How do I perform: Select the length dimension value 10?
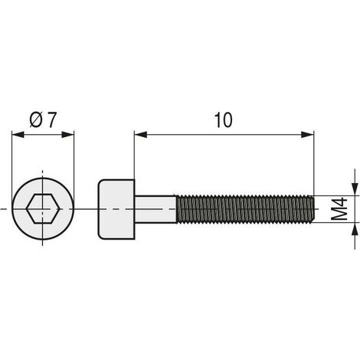point(223,120)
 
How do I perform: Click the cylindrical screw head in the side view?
point(117,208)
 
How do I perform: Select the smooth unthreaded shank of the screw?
point(157,208)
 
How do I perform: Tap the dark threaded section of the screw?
point(245,208)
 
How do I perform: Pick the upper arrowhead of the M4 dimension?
point(355,188)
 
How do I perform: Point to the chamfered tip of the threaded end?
point(312,208)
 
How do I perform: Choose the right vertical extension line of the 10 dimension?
point(314,161)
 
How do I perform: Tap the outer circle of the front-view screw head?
point(44,178)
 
